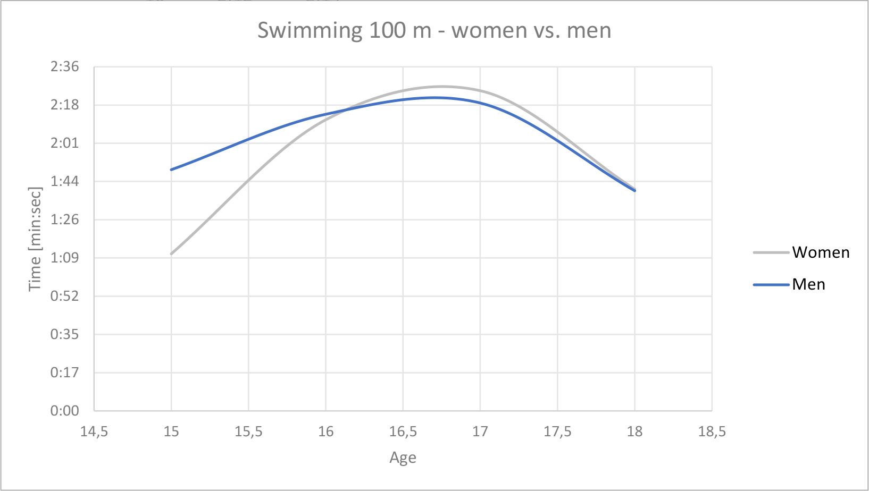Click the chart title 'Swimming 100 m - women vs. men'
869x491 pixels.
434,30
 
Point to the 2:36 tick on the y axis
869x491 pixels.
64,67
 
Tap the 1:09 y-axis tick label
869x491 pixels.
64,258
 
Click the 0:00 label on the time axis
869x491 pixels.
64,411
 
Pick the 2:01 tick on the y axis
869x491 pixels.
64,143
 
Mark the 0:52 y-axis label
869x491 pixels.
64,296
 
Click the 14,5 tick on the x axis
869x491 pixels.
94,431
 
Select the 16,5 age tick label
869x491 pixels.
403,431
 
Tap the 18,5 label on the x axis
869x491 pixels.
712,431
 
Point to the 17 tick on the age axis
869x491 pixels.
480,431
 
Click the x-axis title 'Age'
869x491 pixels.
403,458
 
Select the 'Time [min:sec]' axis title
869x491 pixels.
35,239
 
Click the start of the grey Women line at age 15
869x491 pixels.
171,254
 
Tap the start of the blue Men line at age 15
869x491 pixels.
171,170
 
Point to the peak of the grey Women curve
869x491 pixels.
441,87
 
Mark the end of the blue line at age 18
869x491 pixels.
634,190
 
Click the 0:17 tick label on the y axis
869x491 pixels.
64,373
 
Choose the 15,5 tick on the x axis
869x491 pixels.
248,431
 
